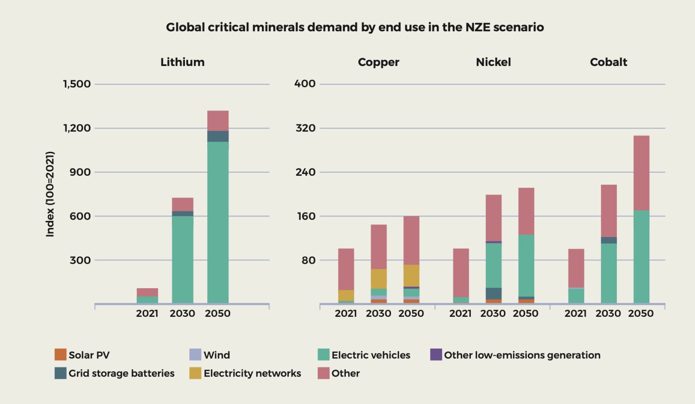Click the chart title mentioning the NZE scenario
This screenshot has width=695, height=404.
354,27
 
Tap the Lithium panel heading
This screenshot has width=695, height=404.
182,62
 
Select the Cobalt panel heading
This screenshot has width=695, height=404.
608,62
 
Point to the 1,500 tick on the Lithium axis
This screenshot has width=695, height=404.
77,84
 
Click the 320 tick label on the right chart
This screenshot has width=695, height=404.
305,128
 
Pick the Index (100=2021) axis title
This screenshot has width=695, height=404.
50,194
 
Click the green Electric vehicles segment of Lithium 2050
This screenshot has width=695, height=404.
218,221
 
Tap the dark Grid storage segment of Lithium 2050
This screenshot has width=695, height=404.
218,136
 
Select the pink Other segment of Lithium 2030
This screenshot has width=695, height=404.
182,204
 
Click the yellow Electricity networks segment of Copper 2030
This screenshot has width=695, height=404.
378,279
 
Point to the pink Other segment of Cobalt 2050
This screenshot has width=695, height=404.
641,173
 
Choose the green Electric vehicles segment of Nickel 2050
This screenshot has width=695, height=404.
526,266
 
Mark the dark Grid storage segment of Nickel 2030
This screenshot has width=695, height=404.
493,293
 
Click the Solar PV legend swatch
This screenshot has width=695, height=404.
60,355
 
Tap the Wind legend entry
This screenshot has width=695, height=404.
216,355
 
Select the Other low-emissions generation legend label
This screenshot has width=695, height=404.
522,355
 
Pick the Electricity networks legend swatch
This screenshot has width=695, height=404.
195,373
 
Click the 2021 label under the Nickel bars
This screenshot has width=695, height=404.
460,313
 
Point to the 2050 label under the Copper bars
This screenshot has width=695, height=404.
411,313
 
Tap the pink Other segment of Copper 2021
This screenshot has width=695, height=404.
346,269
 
